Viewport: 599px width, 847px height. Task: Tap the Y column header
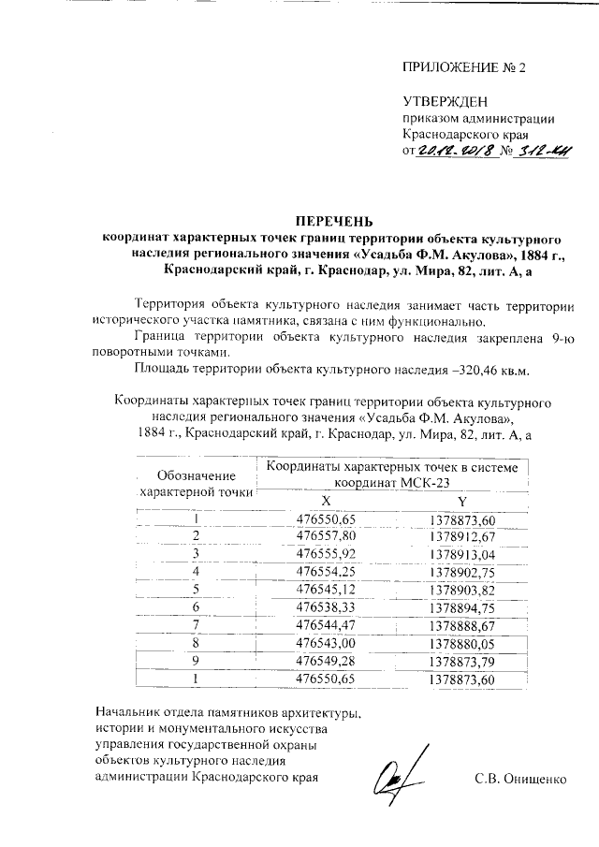point(462,501)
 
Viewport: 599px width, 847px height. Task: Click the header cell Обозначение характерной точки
point(196,482)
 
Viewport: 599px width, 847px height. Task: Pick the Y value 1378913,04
point(461,553)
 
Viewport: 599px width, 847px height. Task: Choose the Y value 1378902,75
point(461,571)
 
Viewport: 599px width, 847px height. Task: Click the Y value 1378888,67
point(461,624)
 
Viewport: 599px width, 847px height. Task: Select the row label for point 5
point(197,589)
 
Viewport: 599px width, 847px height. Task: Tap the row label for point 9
point(197,660)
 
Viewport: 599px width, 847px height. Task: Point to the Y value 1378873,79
point(461,660)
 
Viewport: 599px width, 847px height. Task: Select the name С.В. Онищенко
point(520,778)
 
